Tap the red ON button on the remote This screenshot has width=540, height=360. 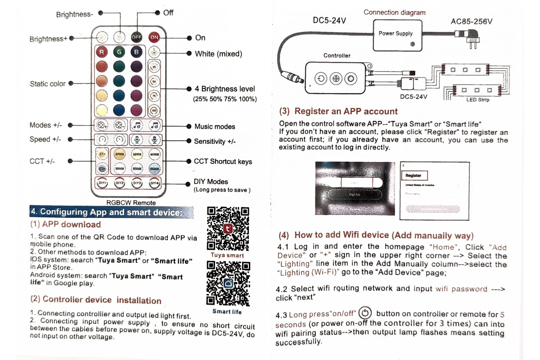[x=154, y=37]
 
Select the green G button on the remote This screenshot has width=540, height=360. [x=119, y=52]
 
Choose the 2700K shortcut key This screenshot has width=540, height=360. [x=119, y=154]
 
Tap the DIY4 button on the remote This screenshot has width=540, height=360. [x=154, y=183]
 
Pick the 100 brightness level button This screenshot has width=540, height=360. [x=154, y=110]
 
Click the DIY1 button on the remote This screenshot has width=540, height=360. [x=102, y=183]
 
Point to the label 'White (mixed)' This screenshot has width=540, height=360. [x=218, y=54]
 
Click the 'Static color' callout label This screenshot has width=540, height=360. [x=48, y=84]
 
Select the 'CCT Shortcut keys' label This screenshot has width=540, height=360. [x=223, y=162]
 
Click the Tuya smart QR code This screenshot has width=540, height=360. [x=228, y=229]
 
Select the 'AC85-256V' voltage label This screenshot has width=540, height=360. [x=471, y=21]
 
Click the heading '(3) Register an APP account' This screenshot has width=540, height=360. [x=338, y=111]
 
